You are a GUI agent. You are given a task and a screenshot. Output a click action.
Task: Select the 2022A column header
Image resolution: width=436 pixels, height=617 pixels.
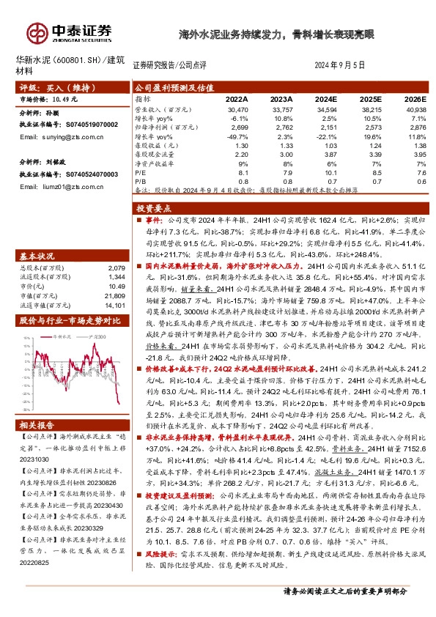coord(237,97)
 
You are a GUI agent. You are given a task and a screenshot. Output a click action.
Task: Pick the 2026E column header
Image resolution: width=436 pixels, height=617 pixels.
coord(414,97)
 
